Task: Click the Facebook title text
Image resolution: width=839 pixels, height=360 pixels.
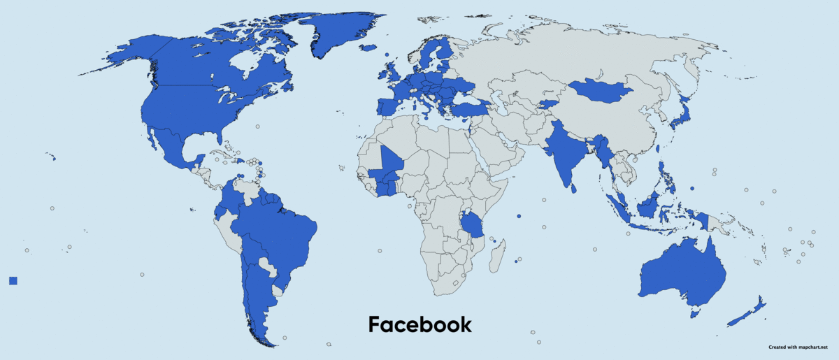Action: [419, 325]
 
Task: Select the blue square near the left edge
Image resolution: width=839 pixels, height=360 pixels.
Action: [13, 280]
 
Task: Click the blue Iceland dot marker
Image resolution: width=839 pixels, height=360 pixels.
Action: [386, 54]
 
